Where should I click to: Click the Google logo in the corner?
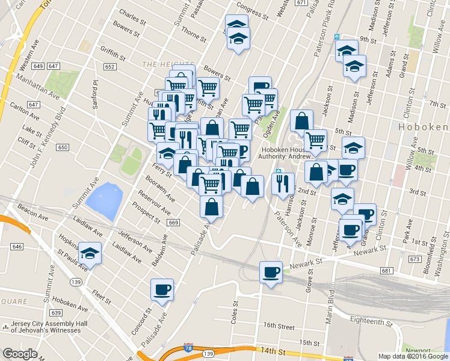(19, 354)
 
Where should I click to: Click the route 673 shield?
(415, 259)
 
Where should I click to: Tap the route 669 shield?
(174, 223)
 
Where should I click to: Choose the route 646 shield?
(16, 247)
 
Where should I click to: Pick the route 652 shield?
(109, 67)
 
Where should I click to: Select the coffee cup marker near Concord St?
(162, 290)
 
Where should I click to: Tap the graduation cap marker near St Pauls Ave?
(90, 253)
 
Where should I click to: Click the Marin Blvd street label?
(330, 307)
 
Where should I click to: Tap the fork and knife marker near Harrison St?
(282, 184)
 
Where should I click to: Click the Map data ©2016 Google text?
(413, 356)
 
